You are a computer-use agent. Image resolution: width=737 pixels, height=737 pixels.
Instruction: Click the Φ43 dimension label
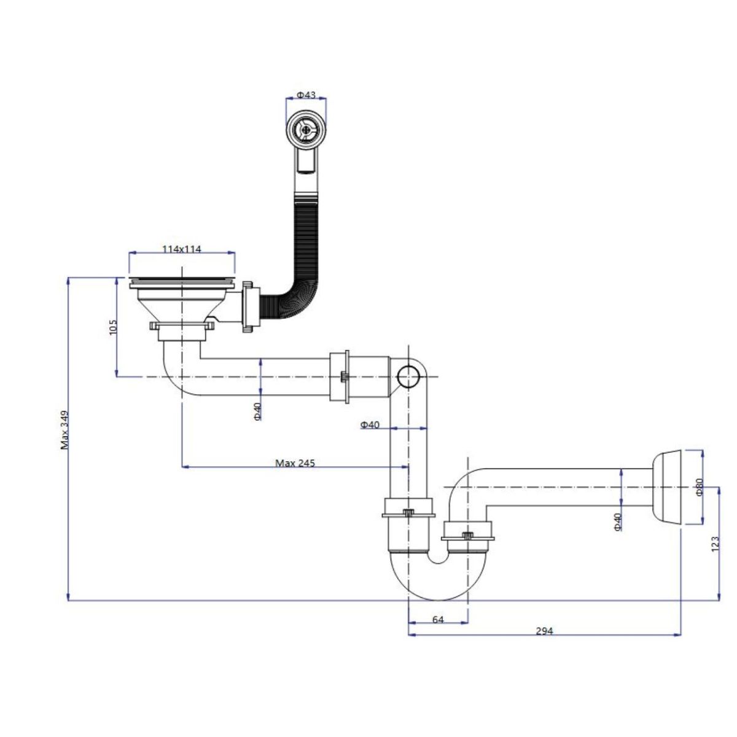coord(306,95)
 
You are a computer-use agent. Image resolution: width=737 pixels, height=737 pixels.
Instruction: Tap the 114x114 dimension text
coord(182,249)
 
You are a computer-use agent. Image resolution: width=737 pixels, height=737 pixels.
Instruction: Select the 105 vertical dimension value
coord(114,327)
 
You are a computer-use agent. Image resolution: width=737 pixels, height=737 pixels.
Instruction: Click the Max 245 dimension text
coord(295,463)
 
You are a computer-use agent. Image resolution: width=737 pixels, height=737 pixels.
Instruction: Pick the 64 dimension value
coord(438,620)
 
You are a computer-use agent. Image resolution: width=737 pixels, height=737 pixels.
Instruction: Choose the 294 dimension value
coord(544,631)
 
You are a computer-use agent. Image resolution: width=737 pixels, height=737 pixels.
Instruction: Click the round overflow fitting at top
coord(306,129)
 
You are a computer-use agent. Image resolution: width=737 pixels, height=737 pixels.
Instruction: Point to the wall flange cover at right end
coord(667,487)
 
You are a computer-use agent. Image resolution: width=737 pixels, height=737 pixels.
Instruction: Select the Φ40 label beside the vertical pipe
coord(370,424)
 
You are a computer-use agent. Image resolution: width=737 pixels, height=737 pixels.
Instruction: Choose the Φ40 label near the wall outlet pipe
coord(618,521)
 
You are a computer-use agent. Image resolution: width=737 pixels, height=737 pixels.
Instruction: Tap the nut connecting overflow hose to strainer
coord(249,306)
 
